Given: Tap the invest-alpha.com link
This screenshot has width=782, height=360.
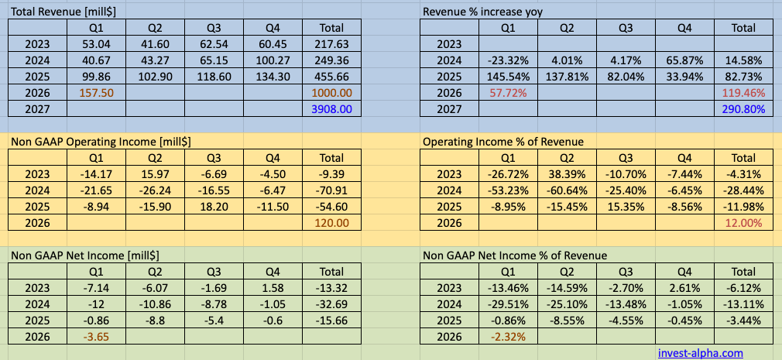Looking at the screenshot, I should [x=700, y=352].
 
